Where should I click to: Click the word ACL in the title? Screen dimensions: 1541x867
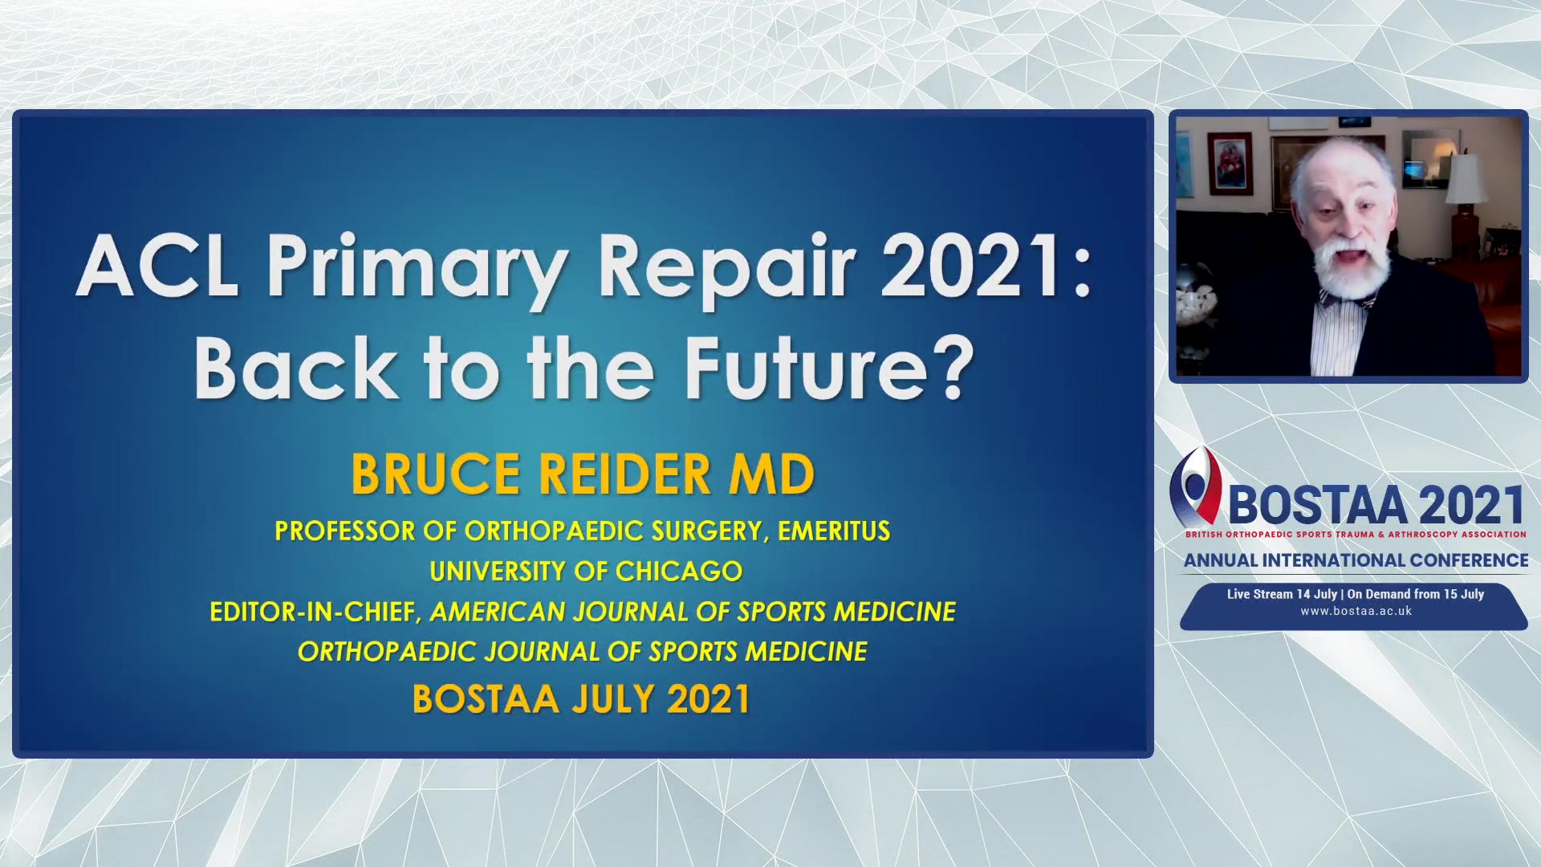pyautogui.click(x=157, y=267)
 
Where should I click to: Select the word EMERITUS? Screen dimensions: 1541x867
pyautogui.click(x=834, y=531)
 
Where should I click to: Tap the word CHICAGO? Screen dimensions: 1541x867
pyautogui.click(x=679, y=572)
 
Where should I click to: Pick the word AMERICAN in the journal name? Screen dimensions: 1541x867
pyautogui.click(x=498, y=613)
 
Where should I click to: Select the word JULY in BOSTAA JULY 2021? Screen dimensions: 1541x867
pyautogui.click(x=613, y=699)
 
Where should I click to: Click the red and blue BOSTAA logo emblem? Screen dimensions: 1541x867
pyautogui.click(x=1195, y=486)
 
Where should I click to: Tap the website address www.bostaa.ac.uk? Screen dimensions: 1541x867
pyautogui.click(x=1356, y=612)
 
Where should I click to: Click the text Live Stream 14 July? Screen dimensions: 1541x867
pyautogui.click(x=1282, y=595)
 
